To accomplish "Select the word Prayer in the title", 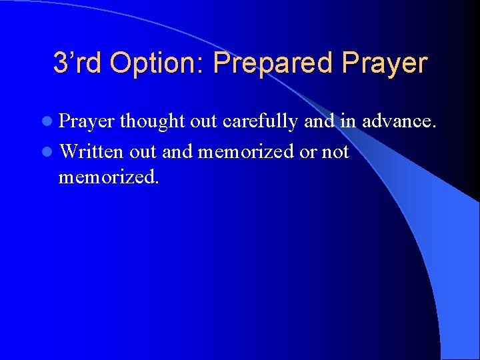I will (384, 63).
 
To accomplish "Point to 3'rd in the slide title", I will (78, 63).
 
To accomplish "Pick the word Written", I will (91, 152).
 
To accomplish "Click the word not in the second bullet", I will (335, 152).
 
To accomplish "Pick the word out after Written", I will (143, 152).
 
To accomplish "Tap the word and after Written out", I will (177, 152).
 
